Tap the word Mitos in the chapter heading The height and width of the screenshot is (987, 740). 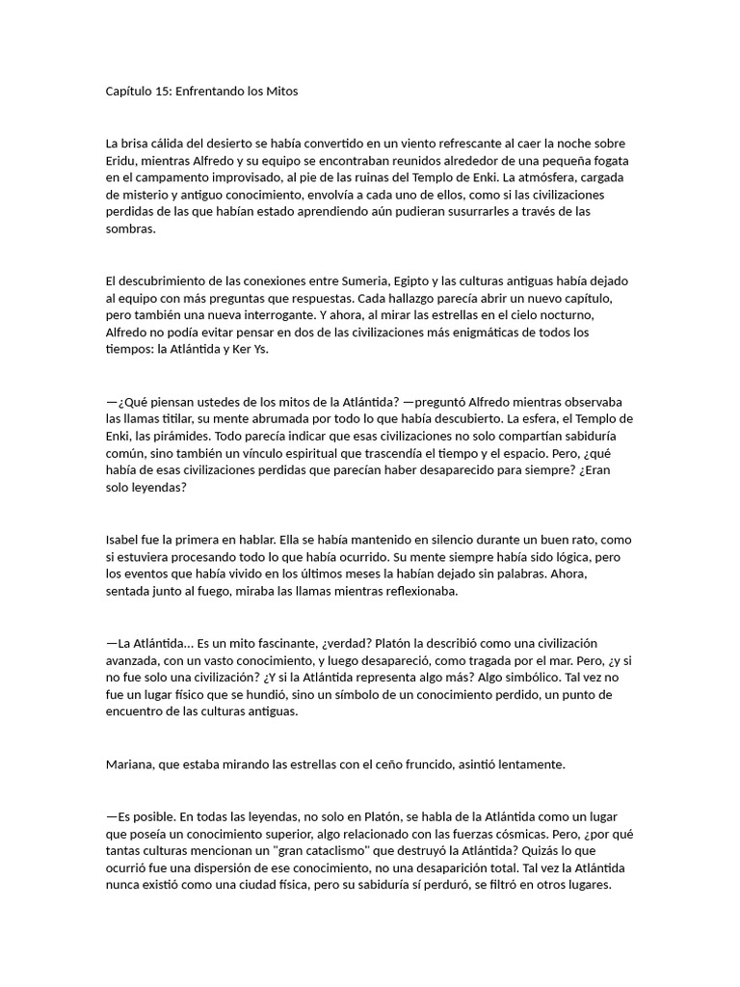(280, 92)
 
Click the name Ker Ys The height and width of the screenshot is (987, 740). (249, 350)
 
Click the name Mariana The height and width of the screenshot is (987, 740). (133, 764)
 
